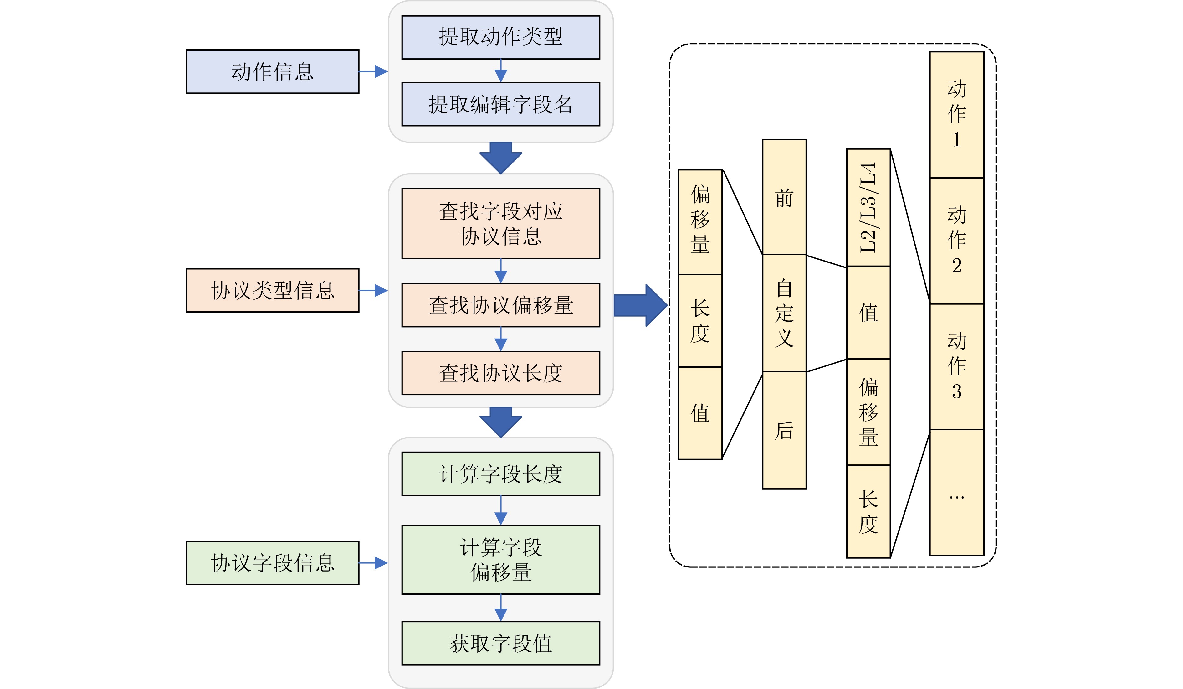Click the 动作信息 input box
[272, 72]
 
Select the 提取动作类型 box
[500, 37]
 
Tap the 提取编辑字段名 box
[500, 104]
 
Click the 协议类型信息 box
[272, 290]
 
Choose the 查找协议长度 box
[500, 373]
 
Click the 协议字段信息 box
[272, 563]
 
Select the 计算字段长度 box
[500, 474]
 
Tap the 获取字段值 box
[500, 643]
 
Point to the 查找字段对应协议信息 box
[500, 224]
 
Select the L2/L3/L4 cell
[868, 208]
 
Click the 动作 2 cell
[956, 241]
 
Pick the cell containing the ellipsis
[956, 492]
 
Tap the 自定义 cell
[784, 313]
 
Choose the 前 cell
[784, 197]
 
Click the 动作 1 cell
[956, 115]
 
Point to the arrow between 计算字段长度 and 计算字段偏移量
[500, 510]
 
